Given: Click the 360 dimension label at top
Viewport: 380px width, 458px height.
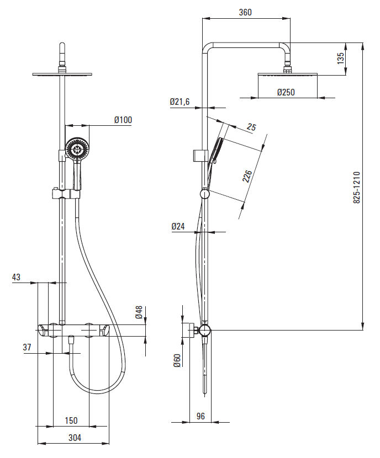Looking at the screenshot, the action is tap(245, 12).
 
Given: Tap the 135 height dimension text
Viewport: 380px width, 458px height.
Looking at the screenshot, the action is tap(341, 58).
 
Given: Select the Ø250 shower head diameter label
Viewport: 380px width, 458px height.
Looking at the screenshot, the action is tap(286, 92).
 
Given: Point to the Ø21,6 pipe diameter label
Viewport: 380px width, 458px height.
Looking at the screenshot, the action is tap(180, 102).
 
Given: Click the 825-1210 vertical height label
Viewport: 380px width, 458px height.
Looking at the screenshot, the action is tap(357, 188).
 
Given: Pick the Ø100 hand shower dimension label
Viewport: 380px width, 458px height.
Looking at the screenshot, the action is tap(123, 120).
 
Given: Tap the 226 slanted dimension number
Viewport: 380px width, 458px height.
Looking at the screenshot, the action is tap(247, 176).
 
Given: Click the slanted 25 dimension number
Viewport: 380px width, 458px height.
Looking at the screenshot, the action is tap(251, 127).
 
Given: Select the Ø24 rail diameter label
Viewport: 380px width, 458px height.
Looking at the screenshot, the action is tap(178, 226).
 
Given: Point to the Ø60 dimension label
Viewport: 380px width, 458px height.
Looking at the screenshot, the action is tap(177, 360).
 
